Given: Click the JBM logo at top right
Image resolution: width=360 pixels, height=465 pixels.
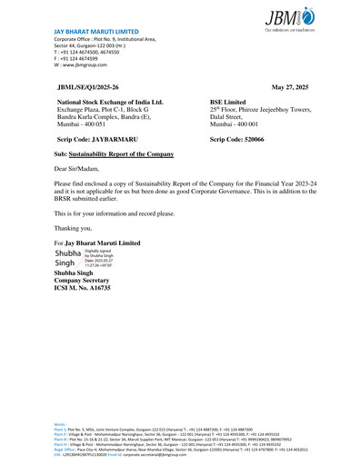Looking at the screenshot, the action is pos(294,15).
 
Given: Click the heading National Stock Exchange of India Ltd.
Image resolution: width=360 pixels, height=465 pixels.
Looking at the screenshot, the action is pos(110,103).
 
